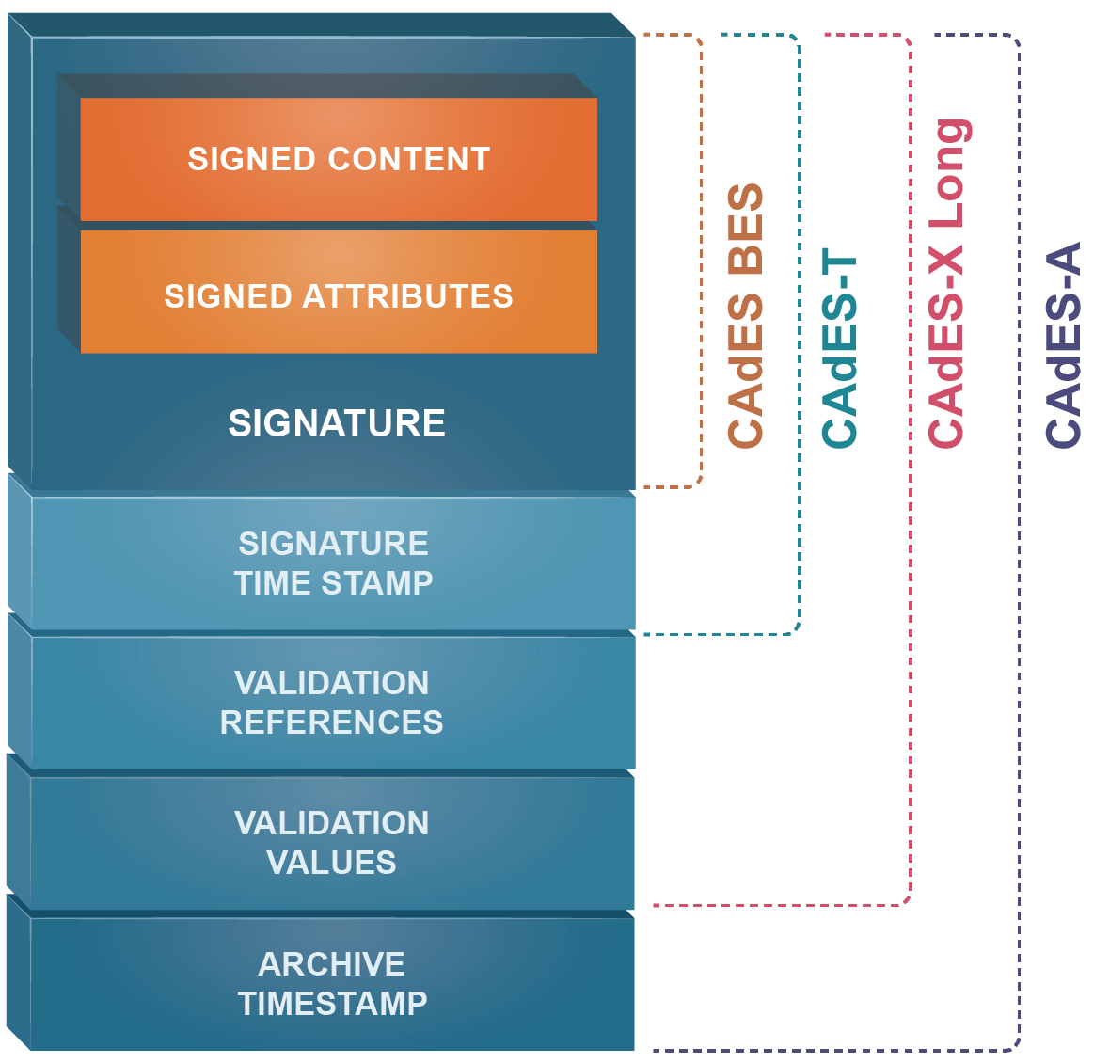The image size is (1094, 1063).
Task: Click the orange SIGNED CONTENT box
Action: [x=339, y=159]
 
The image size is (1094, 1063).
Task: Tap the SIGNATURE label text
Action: [x=337, y=423]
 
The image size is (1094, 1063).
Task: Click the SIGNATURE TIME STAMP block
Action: [x=333, y=563]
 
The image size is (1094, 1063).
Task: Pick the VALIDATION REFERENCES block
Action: [x=332, y=702]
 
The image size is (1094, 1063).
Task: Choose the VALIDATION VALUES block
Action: [x=332, y=842]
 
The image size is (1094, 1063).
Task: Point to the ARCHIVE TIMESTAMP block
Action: [x=332, y=983]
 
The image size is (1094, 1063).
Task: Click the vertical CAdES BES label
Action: [x=745, y=315]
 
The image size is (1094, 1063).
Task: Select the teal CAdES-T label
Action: [x=839, y=350]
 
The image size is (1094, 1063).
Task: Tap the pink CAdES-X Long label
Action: [x=947, y=282]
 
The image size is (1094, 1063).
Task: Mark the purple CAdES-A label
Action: [x=1064, y=344]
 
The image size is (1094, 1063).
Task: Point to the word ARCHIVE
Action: [x=332, y=964]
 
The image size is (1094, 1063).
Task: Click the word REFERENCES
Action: [x=332, y=722]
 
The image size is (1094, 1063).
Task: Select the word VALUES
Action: [x=332, y=863]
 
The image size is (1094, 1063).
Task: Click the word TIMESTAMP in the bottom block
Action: [x=332, y=1004]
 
